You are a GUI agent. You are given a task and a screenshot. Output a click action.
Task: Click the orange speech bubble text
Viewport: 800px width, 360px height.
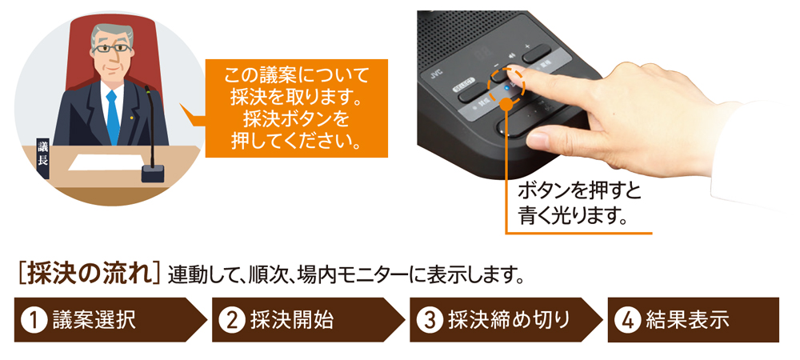[x=296, y=107]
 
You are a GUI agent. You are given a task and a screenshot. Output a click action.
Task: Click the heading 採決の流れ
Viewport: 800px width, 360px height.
[x=88, y=274]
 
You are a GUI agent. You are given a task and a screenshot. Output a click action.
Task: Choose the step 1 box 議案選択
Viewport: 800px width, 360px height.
[x=100, y=320]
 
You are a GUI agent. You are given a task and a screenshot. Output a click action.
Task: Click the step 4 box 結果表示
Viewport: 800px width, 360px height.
[x=693, y=320]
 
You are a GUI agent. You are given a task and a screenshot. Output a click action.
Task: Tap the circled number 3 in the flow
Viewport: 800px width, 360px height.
[x=429, y=320]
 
